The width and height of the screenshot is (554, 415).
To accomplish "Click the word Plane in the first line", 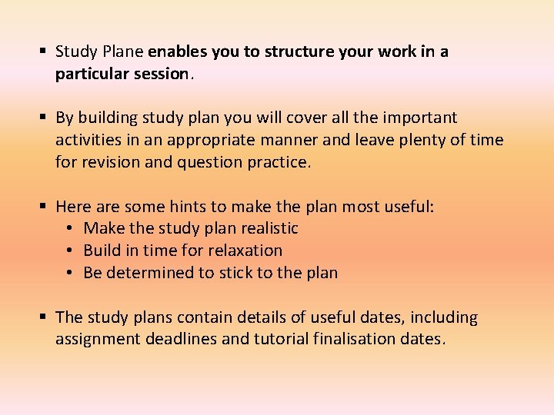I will click(122, 52).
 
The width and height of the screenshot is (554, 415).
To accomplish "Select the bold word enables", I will click(176, 52).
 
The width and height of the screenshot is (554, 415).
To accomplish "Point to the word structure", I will click(299, 52).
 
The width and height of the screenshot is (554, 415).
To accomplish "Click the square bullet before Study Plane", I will click(45, 52).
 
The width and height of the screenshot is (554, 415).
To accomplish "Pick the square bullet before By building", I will click(45, 118).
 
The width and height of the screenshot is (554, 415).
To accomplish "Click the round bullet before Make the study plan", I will click(70, 228).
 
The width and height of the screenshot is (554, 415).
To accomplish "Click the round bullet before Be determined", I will click(70, 273).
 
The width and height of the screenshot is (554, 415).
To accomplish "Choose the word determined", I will click(143, 273).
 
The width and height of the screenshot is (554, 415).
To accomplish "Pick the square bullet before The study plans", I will click(45, 317).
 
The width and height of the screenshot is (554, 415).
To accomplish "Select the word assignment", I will click(98, 340).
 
